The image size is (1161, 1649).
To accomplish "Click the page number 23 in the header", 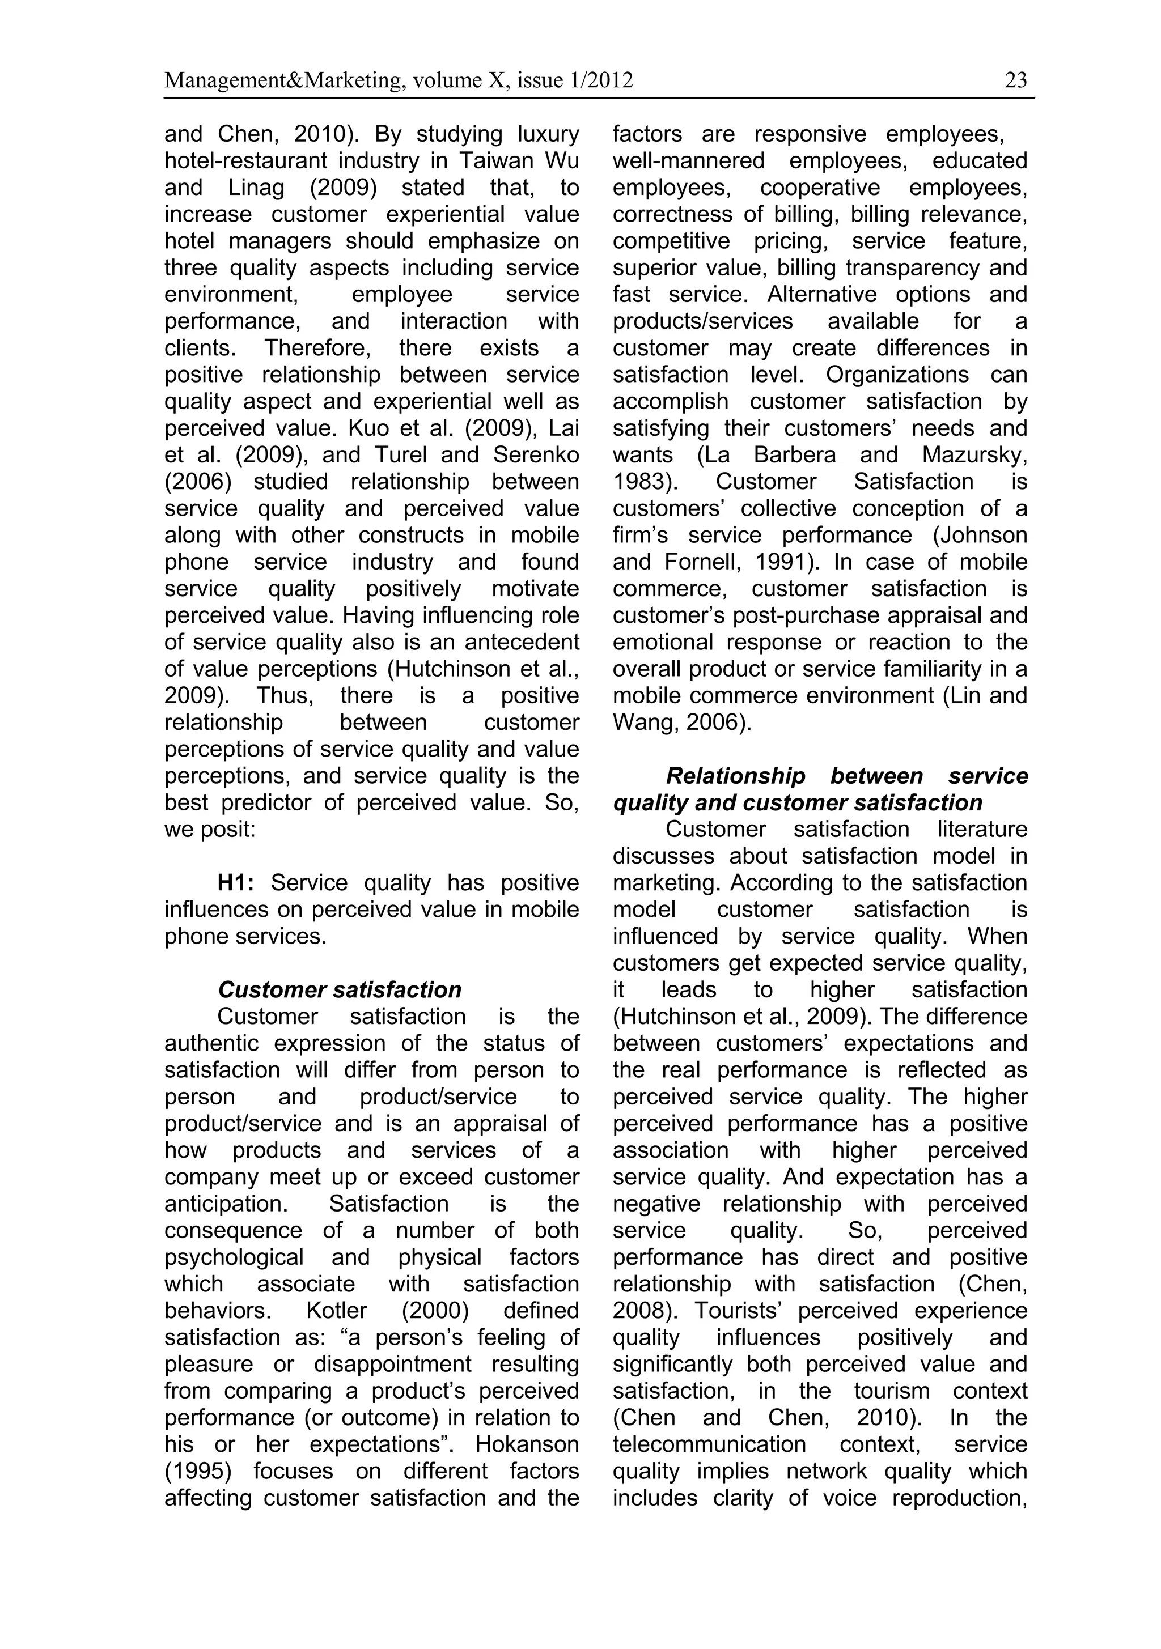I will tap(1016, 80).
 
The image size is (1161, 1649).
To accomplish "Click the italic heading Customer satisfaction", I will tap(339, 990).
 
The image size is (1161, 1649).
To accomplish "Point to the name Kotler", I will tap(336, 1311).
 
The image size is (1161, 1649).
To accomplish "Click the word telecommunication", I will tap(710, 1444).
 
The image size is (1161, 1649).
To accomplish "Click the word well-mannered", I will tap(688, 161).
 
